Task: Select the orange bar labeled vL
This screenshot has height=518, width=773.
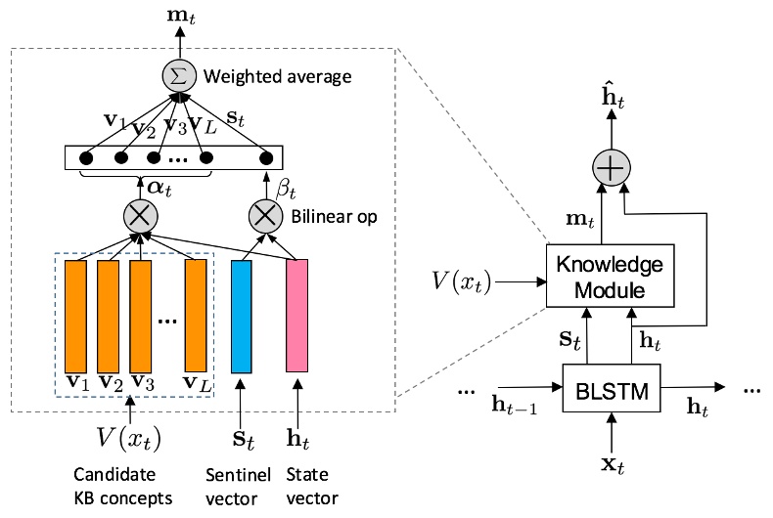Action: [197, 317]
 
